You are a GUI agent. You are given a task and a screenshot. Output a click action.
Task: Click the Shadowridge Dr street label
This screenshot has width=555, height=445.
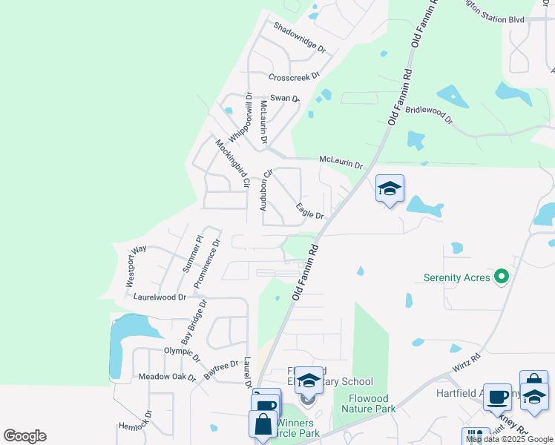pyautogui.click(x=300, y=38)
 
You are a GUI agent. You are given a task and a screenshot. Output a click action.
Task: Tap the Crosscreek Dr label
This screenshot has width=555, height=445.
pyautogui.click(x=294, y=76)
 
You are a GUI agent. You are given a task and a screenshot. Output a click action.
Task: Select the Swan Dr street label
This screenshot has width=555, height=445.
pyautogui.click(x=284, y=98)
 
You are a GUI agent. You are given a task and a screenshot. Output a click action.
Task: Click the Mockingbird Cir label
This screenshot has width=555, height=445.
pyautogui.click(x=231, y=162)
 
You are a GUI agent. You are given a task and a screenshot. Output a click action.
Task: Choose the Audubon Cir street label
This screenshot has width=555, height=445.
pyautogui.click(x=266, y=189)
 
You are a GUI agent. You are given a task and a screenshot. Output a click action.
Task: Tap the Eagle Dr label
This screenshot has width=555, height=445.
pyautogui.click(x=310, y=211)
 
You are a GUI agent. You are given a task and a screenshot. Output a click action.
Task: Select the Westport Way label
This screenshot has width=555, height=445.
pyautogui.click(x=131, y=267)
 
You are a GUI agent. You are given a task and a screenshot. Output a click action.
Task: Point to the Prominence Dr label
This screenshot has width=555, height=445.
pyautogui.click(x=207, y=263)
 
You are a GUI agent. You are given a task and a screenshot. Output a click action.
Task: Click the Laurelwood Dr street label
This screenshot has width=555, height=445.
pyautogui.click(x=160, y=297)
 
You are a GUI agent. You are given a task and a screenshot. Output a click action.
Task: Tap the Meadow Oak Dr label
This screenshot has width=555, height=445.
pyautogui.click(x=167, y=378)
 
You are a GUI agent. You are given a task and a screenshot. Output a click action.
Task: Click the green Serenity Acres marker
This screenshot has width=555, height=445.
pyautogui.click(x=502, y=277)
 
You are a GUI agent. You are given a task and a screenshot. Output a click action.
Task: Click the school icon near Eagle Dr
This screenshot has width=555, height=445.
pyautogui.click(x=390, y=190)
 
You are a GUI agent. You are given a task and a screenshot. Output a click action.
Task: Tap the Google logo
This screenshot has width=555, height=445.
pyautogui.click(x=24, y=436)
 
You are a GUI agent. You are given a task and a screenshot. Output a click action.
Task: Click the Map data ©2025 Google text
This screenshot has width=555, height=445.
pyautogui.click(x=509, y=439)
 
